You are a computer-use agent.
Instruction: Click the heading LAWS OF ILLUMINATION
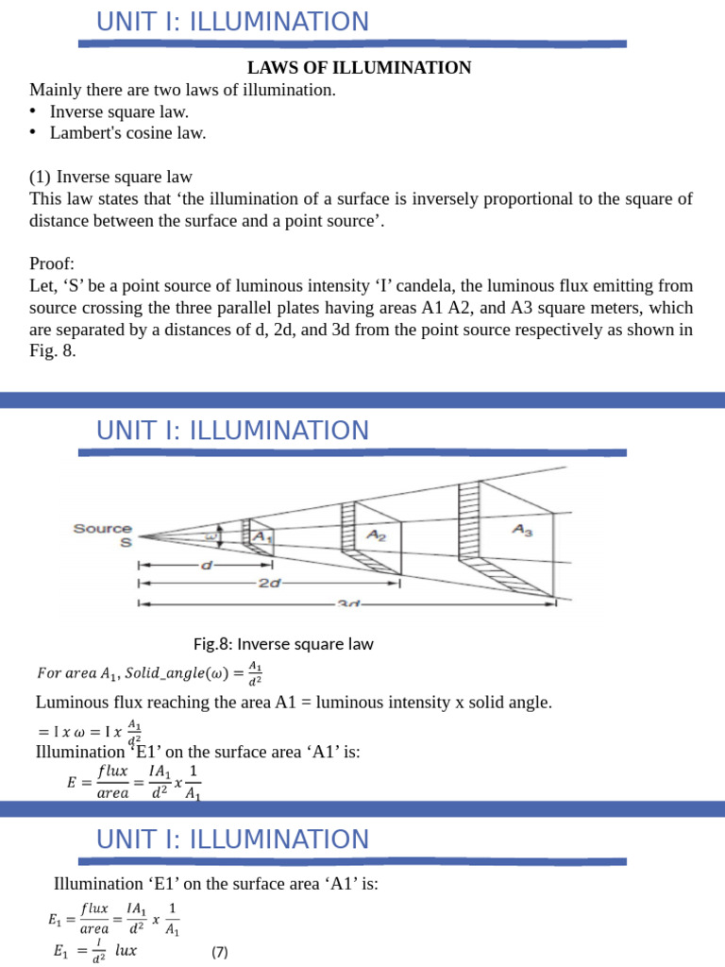(359, 68)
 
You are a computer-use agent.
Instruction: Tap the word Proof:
(52, 263)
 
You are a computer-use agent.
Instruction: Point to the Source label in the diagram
(103, 529)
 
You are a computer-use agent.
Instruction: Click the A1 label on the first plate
(259, 536)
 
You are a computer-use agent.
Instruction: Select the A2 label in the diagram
(376, 534)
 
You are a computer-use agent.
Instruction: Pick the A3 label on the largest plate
(522, 531)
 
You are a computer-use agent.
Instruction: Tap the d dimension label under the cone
(207, 565)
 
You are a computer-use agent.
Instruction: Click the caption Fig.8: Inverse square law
(283, 644)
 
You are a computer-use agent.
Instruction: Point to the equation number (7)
(220, 951)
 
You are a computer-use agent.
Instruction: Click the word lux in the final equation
(126, 951)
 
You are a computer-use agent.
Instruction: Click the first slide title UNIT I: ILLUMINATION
(233, 22)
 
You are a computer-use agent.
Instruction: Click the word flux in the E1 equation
(94, 908)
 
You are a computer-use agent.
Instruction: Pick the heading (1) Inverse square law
(111, 177)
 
